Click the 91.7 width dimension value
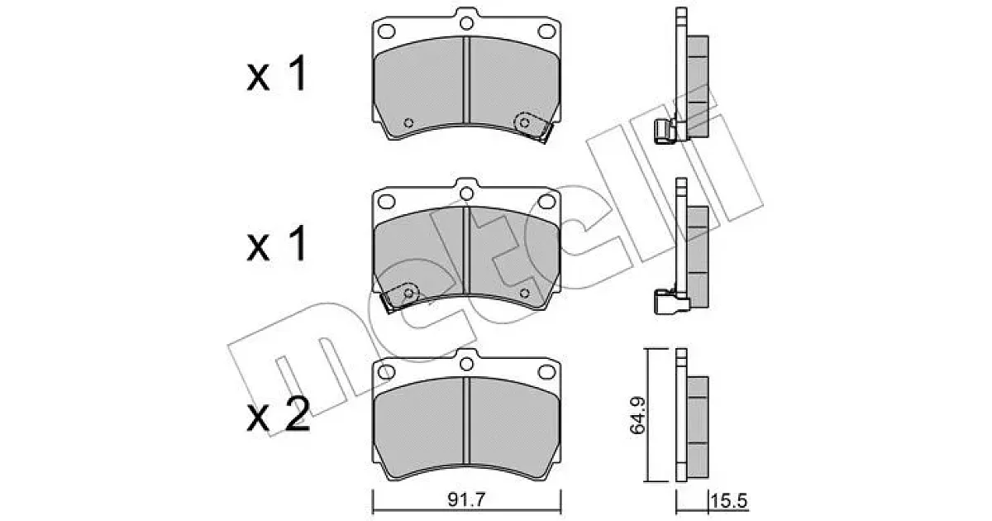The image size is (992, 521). pos(466,500)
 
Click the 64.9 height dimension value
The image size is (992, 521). pos(638,415)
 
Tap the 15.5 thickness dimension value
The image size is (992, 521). pos(728,501)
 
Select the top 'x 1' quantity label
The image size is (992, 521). pos(277,74)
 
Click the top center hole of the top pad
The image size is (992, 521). pos(466,23)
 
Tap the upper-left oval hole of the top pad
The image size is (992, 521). pos(387,31)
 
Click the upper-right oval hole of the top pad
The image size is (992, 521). pos(546,31)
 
